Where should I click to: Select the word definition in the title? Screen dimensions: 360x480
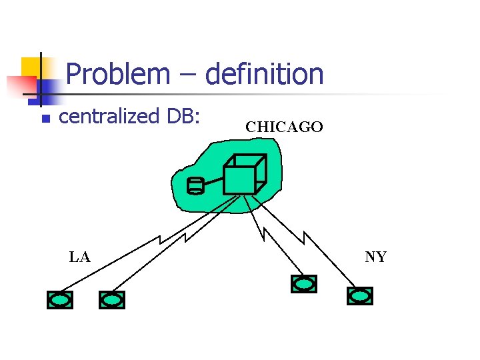coord(265,74)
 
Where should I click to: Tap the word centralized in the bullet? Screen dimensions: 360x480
coord(107,117)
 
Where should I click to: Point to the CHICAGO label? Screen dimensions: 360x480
coord(284,127)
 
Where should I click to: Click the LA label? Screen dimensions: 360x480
coord(80,257)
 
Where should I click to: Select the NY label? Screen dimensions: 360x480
coord(376,257)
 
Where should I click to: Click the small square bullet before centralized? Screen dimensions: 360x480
coord(45,119)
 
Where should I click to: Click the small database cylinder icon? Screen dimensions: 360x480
coord(195,185)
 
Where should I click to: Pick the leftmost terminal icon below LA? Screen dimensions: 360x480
coord(60,301)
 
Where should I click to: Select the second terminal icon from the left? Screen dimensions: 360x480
coord(111,301)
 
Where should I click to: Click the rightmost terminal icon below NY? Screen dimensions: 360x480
coord(360,295)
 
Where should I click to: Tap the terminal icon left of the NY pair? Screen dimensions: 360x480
coord(304,285)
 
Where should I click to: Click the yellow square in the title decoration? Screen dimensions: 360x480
coord(31,67)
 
